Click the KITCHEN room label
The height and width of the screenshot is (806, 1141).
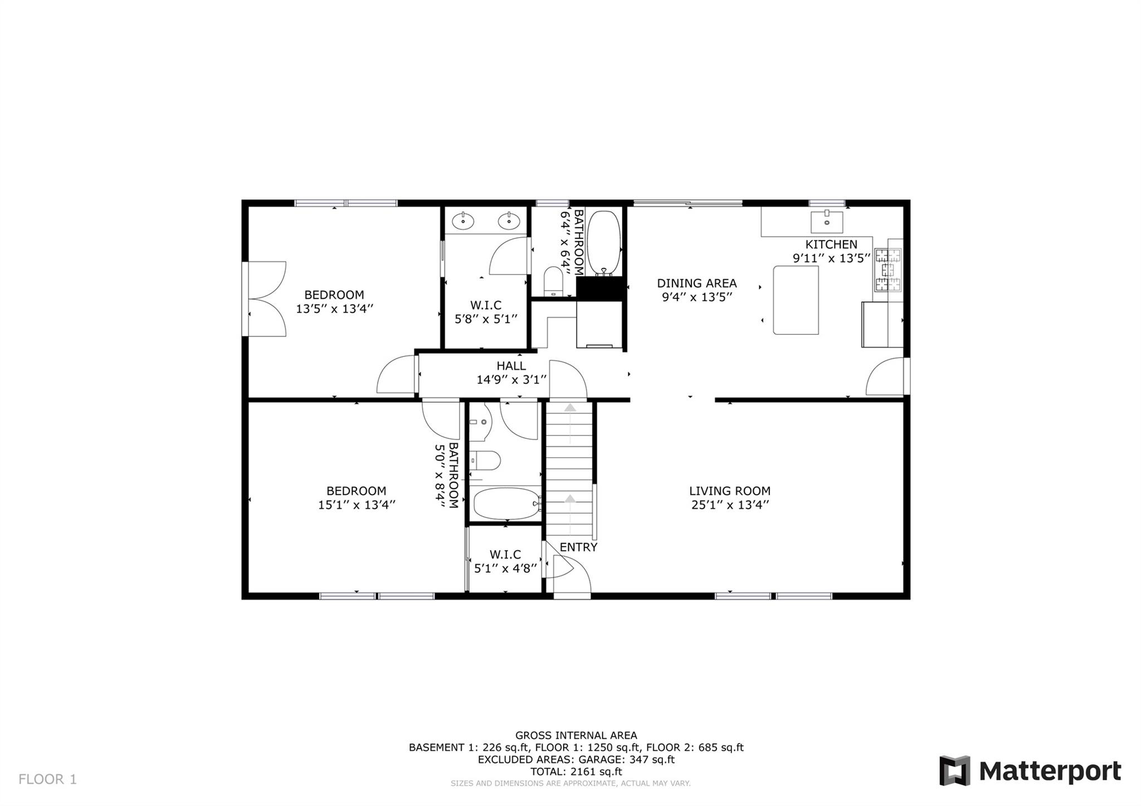pos(831,244)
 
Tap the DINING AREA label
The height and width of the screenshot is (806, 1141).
pos(696,283)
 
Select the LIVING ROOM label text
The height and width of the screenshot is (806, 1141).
pos(730,491)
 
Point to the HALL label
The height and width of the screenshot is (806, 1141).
pos(511,366)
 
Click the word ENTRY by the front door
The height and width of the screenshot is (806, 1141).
pos(578,547)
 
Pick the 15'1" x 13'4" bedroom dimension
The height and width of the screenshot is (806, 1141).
pos(357,505)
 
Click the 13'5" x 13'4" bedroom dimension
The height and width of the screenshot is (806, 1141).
pos(334,309)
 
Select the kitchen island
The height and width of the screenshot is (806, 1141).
pos(796,300)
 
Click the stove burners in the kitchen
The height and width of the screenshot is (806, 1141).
pos(888,270)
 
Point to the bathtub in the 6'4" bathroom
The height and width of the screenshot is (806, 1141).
pos(604,242)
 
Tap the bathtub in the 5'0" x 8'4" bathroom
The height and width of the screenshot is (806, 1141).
pos(505,504)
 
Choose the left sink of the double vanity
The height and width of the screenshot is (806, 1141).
pos(462,222)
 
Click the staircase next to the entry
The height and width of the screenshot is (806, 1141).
pos(569,468)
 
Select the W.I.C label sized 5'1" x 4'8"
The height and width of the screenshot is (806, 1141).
pos(505,555)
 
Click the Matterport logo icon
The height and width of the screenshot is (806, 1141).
pos(954,770)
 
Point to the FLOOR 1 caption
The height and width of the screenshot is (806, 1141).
pos(47,779)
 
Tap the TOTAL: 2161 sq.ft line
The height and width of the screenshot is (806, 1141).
pos(576,771)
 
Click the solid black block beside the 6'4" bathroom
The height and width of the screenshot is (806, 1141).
pos(599,289)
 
